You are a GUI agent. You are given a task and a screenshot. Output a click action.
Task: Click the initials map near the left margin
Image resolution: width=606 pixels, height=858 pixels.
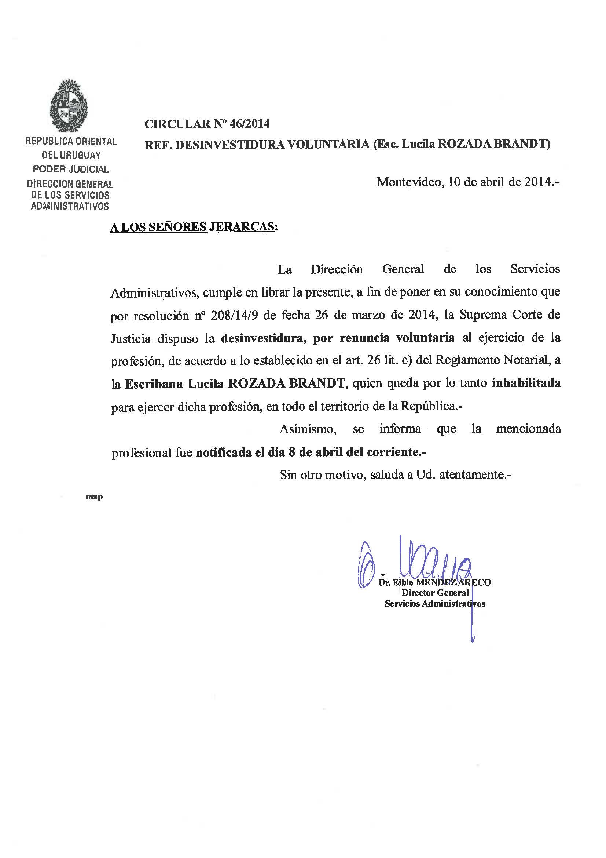click(x=94, y=497)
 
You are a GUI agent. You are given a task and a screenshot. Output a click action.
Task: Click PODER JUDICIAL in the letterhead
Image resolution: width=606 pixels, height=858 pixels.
click(x=71, y=169)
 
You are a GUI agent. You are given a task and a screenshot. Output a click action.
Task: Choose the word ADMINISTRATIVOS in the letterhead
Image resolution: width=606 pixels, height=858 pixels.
click(x=70, y=206)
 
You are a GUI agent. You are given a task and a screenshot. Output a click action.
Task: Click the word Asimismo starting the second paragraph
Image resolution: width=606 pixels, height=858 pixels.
click(x=308, y=429)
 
